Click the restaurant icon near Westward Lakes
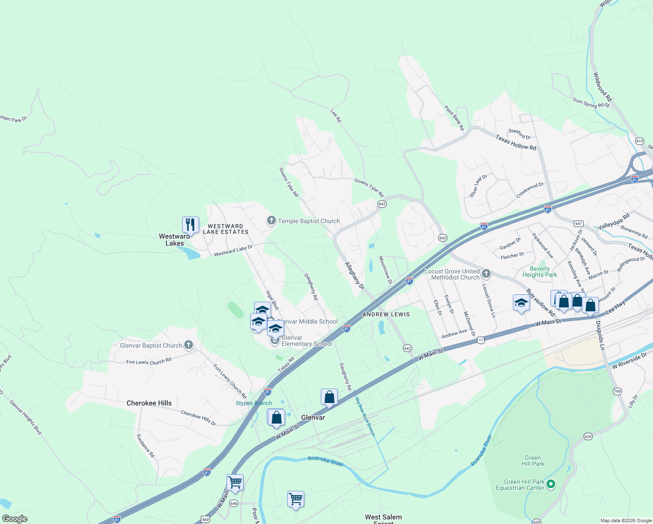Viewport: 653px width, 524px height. pyautogui.click(x=190, y=225)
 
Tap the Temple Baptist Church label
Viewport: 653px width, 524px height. pyautogui.click(x=309, y=221)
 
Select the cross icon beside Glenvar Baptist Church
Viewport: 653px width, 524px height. pyautogui.click(x=189, y=345)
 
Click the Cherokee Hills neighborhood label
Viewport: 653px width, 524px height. pyautogui.click(x=149, y=403)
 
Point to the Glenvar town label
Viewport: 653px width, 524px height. pyautogui.click(x=313, y=417)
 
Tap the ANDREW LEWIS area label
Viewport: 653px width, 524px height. pyautogui.click(x=386, y=314)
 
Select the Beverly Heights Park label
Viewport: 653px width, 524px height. pyautogui.click(x=540, y=272)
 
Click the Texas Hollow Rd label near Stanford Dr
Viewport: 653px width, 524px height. pyautogui.click(x=516, y=142)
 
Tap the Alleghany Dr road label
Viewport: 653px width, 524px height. pyautogui.click(x=354, y=276)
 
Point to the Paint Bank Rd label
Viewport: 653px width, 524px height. pyautogui.click(x=454, y=117)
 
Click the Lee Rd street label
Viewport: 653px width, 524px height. pyautogui.click(x=336, y=116)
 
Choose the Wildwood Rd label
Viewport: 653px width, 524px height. pyautogui.click(x=602, y=87)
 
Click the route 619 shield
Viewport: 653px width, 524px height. pyautogui.click(x=639, y=141)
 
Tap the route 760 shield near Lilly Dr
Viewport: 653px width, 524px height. pyautogui.click(x=617, y=391)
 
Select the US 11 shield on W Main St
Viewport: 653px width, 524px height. pyautogui.click(x=481, y=340)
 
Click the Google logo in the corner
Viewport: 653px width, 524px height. pyautogui.click(x=14, y=519)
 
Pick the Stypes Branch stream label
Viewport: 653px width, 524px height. pyautogui.click(x=254, y=403)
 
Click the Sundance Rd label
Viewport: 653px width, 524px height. pyautogui.click(x=145, y=445)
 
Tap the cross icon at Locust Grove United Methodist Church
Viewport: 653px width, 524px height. pyautogui.click(x=486, y=274)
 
